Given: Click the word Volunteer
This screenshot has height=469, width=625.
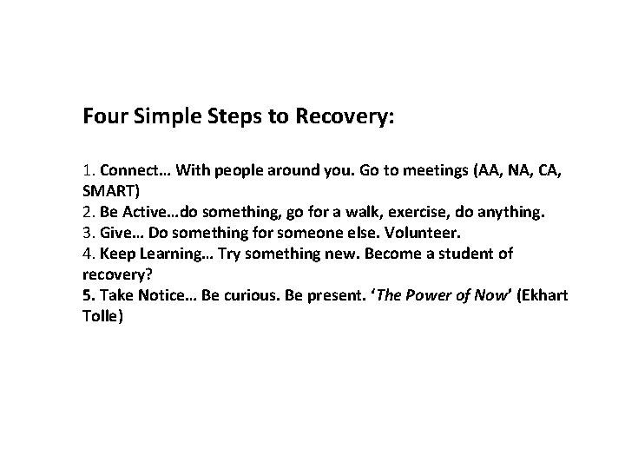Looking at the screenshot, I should click(431, 232).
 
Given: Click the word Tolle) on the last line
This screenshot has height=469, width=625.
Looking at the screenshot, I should click(104, 316).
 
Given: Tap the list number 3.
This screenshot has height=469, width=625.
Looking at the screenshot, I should click(87, 232).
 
